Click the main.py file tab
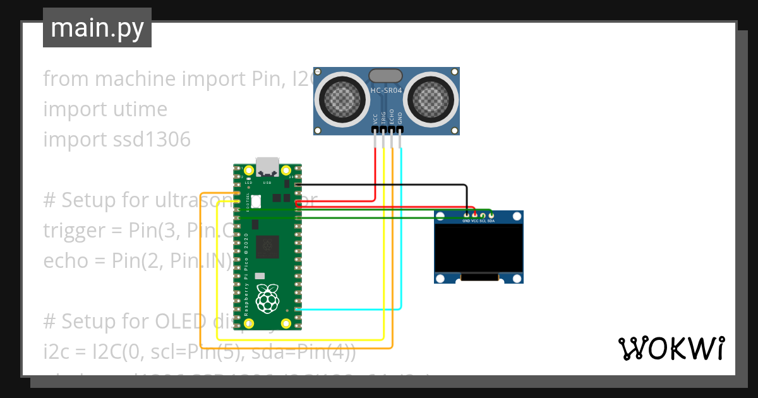[x=97, y=28]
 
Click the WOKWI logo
[x=671, y=348]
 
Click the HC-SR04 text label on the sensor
[x=387, y=90]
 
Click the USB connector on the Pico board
[x=268, y=166]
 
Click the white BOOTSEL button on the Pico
[x=257, y=201]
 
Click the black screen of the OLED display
[x=479, y=249]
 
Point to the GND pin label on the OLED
[x=466, y=221]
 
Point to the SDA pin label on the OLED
[x=491, y=221]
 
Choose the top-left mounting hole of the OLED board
[x=440, y=217]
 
